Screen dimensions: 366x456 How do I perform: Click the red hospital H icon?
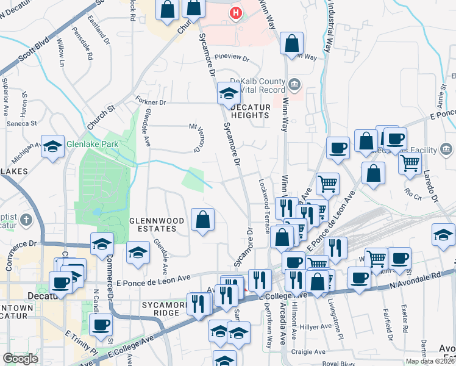coord(235,12)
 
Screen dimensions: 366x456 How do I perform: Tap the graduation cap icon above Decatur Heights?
coord(228,93)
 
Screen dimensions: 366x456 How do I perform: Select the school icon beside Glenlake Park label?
coord(53,146)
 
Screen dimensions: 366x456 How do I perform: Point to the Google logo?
coord(20,359)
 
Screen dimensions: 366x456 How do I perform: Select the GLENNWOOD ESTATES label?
coord(152,224)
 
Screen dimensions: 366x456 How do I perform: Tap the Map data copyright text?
coord(430,361)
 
